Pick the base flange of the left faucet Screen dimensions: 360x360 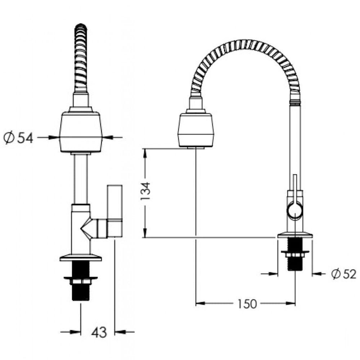81,257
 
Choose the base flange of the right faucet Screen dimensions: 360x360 295,236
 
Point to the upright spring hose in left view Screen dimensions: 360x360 81,58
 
